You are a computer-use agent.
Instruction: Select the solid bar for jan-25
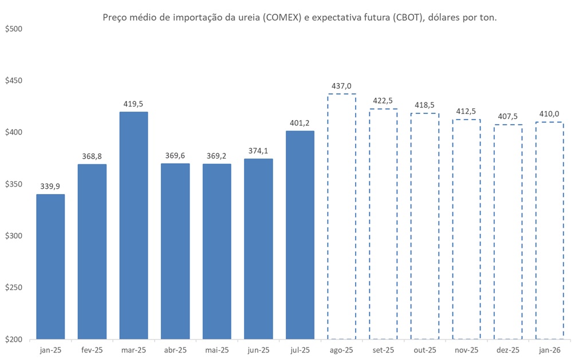pyautogui.click(x=50, y=266)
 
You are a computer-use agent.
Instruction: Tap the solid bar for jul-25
pyautogui.click(x=300, y=235)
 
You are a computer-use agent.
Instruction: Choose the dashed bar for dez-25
pyautogui.click(x=508, y=231)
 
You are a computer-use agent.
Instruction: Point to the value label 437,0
pyautogui.click(x=341, y=86)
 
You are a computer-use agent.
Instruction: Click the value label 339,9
pyautogui.click(x=50, y=186)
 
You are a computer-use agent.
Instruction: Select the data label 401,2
pyautogui.click(x=300, y=122)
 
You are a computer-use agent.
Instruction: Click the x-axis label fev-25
pyautogui.click(x=92, y=350)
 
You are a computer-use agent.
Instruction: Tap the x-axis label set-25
pyautogui.click(x=383, y=350)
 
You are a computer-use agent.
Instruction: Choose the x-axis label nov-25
pyautogui.click(x=467, y=350)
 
